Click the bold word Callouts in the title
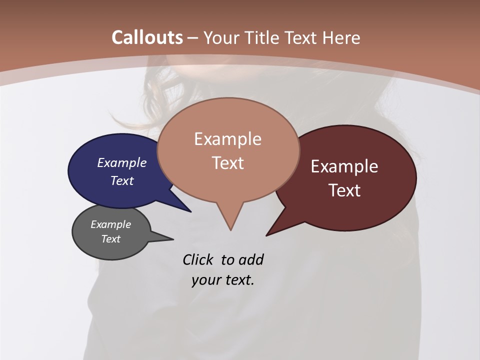tap(147, 37)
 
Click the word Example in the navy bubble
tap(122, 163)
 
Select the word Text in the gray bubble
tap(111, 239)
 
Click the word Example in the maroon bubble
tap(344, 166)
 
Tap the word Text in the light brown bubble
tap(228, 163)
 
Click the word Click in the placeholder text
tap(198, 259)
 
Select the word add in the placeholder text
tap(251, 259)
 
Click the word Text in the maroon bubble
tap(345, 190)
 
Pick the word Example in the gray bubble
tap(111, 224)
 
